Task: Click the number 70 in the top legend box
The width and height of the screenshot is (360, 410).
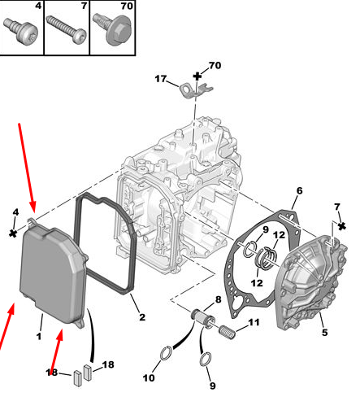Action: point(127,6)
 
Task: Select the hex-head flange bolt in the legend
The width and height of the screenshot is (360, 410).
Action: point(111,29)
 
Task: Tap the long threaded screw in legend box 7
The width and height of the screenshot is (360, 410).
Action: point(66,29)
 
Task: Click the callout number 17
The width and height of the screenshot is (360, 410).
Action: point(160,79)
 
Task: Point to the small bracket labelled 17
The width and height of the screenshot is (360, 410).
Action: point(196,90)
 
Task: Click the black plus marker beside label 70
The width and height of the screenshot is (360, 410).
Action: point(197,76)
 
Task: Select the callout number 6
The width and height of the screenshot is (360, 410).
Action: point(299,190)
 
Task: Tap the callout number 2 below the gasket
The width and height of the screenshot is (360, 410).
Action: point(142,316)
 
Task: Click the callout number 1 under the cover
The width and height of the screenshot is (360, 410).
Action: point(39,336)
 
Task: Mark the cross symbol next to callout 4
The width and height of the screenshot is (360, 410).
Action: point(13,233)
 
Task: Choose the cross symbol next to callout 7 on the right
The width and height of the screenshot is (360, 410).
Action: point(342,225)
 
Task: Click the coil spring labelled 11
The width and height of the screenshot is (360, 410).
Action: point(227,332)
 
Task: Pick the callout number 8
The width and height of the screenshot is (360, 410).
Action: point(219,299)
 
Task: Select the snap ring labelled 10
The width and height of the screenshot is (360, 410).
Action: point(166,353)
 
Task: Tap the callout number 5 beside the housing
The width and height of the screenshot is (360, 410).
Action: point(325,332)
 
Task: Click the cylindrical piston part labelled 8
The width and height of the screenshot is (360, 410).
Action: point(202,318)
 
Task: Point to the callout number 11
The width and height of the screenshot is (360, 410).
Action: point(254,322)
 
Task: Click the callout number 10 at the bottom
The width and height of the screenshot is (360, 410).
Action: point(149,377)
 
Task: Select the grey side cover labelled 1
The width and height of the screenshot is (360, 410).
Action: point(53,274)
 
